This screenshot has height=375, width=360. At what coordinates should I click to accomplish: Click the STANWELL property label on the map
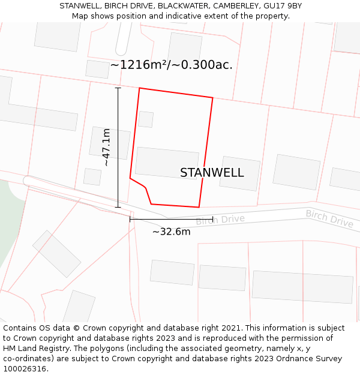(x=212, y=173)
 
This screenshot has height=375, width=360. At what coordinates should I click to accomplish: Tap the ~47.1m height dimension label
(x=106, y=147)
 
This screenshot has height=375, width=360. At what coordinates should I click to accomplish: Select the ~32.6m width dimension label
(x=171, y=232)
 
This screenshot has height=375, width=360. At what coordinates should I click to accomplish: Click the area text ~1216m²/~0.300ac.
(x=171, y=65)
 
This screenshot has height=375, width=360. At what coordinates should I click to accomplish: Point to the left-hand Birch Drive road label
(x=220, y=220)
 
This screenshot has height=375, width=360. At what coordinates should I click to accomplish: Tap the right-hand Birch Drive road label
(x=329, y=218)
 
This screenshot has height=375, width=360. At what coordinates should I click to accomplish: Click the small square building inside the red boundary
(x=146, y=119)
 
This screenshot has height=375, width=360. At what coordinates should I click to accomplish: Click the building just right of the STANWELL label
(x=240, y=173)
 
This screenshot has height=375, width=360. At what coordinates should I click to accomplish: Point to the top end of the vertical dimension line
(x=118, y=88)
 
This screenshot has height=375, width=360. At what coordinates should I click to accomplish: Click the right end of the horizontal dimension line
(x=212, y=220)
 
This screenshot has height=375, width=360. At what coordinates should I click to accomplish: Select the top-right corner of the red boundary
(x=213, y=97)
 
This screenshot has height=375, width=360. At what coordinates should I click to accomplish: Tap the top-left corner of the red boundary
(x=140, y=88)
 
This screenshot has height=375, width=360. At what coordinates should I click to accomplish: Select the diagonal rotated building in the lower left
(x=56, y=253)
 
